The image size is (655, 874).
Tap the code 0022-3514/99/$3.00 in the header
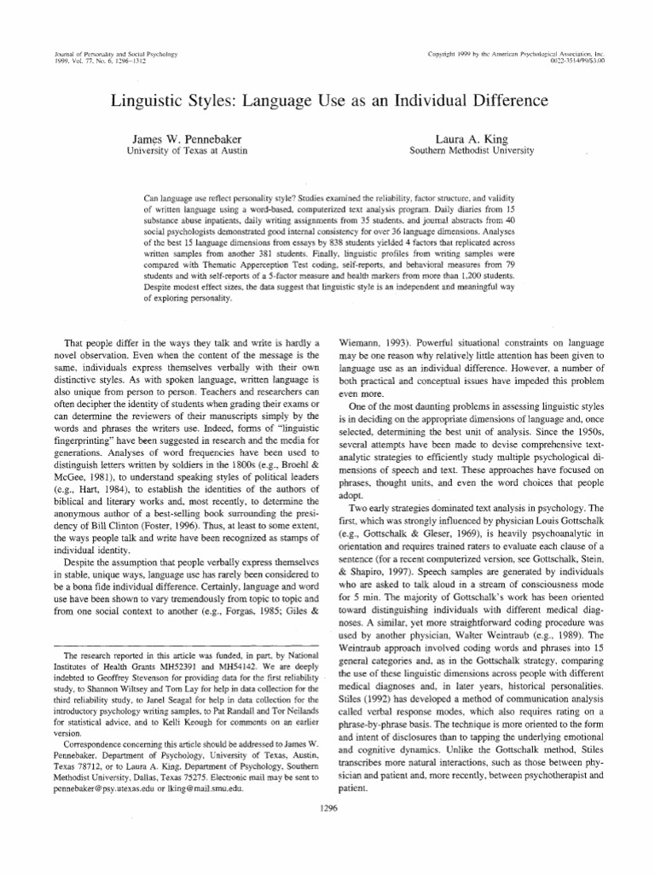point(596,61)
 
